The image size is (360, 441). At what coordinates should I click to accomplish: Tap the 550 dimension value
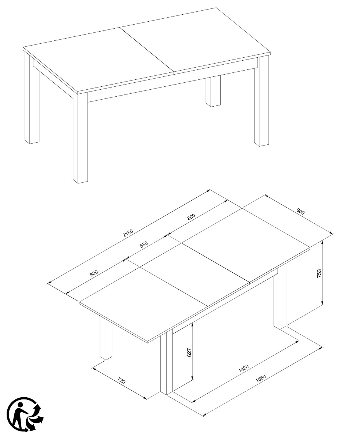tap(144, 244)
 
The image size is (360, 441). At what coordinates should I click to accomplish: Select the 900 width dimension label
tap(300, 212)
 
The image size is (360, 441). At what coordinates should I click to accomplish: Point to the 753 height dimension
tap(320, 273)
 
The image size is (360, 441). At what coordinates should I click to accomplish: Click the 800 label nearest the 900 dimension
tap(191, 217)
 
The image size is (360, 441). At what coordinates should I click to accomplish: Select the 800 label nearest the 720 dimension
tap(94, 273)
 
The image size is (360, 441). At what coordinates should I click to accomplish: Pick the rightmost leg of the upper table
tap(261, 101)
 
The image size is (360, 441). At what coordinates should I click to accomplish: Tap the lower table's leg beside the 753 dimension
tap(280, 296)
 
